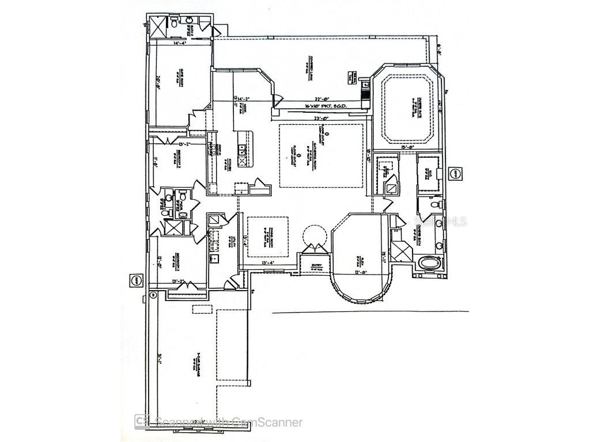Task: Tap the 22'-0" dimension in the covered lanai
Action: pyautogui.click(x=322, y=98)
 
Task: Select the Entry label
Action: pyautogui.click(x=315, y=267)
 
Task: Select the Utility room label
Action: pyautogui.click(x=229, y=242)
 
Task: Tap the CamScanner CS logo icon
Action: pyautogui.click(x=140, y=422)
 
